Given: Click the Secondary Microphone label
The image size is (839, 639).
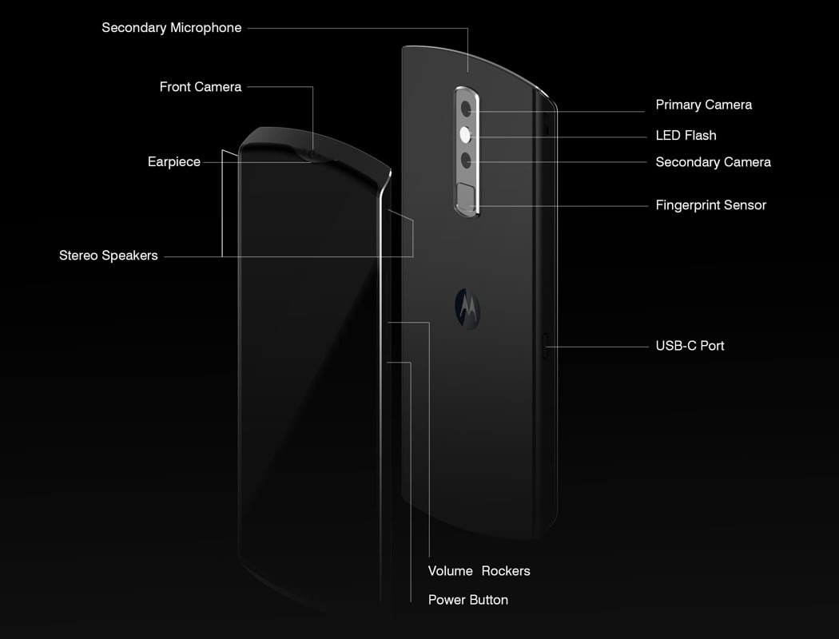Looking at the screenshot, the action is click(172, 28).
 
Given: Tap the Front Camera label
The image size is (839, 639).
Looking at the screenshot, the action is click(201, 86).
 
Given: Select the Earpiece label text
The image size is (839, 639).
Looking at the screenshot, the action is click(174, 162).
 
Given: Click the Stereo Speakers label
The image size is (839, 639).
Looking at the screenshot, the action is click(109, 256).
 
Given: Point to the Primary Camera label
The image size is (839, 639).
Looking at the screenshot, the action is click(704, 105).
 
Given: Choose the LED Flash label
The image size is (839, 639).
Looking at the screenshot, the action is click(686, 135).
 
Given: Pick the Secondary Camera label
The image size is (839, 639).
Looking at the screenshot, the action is click(714, 162).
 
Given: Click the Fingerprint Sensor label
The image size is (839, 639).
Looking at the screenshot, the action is click(711, 205).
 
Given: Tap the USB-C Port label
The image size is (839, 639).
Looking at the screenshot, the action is click(690, 346).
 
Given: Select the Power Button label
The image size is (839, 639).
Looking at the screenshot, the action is click(468, 600).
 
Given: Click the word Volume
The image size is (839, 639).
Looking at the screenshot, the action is click(451, 571).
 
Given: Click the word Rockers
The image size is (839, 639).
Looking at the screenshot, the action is click(506, 571).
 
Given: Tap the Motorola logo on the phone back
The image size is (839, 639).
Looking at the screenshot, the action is click(467, 308).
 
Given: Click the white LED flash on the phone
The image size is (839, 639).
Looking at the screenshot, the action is click(466, 135).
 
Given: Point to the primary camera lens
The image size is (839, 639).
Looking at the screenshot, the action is click(467, 109).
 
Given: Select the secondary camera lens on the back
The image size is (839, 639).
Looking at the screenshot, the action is click(466, 159).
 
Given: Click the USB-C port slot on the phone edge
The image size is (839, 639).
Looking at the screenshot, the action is click(545, 346).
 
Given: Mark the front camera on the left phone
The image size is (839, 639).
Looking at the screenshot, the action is click(313, 155).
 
